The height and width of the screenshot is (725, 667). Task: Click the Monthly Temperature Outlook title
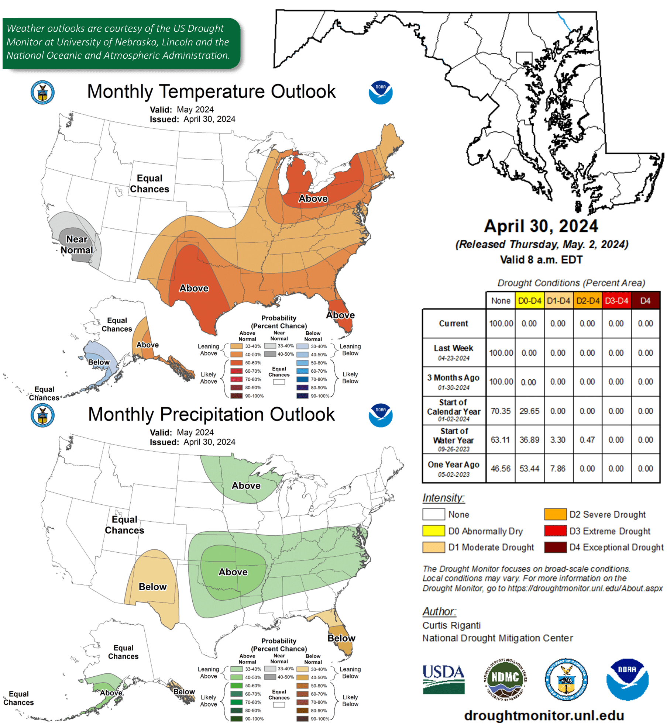pyautogui.click(x=211, y=92)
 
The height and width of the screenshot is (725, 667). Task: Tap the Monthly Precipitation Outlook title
pyautogui.click(x=211, y=414)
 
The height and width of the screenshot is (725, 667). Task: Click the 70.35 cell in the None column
pyautogui.click(x=500, y=411)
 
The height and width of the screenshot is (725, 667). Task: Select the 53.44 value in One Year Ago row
pyautogui.click(x=529, y=469)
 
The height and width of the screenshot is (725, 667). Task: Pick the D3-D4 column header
pyautogui.click(x=616, y=301)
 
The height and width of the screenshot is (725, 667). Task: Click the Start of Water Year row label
pyautogui.click(x=454, y=439)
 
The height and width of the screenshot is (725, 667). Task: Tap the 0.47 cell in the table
pyautogui.click(x=587, y=440)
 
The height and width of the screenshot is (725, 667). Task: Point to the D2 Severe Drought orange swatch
pyautogui.click(x=555, y=514)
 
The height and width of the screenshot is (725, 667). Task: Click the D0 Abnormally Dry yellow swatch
pyautogui.click(x=433, y=531)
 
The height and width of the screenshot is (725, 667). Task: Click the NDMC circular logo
pyautogui.click(x=505, y=679)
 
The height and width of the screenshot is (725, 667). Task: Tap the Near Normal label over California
pyautogui.click(x=77, y=245)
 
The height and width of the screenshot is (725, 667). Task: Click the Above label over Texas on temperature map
pyautogui.click(x=194, y=288)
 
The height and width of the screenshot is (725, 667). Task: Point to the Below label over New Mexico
pyautogui.click(x=152, y=587)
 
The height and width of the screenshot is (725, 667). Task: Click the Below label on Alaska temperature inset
pyautogui.click(x=99, y=362)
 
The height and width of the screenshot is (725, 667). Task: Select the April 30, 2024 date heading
pyautogui.click(x=541, y=226)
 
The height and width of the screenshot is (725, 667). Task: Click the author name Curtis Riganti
pyautogui.click(x=451, y=625)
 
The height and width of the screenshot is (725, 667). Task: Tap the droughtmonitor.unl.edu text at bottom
pyautogui.click(x=544, y=715)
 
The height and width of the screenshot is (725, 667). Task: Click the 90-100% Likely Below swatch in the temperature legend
pyautogui.click(x=302, y=396)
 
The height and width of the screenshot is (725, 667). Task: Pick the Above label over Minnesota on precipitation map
pyautogui.click(x=246, y=486)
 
